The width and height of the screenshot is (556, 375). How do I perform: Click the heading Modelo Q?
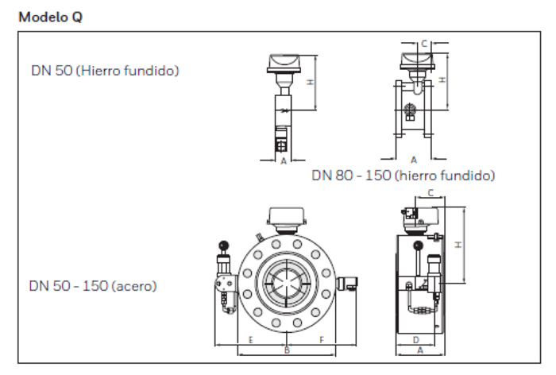pos(50,17)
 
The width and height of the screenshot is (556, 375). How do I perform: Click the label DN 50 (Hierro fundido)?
pos(105,71)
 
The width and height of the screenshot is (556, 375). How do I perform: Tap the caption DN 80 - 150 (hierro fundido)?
pos(403,176)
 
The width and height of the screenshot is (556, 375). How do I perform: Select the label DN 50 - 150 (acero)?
pos(93,286)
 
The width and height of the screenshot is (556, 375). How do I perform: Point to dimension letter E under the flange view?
pos(251,340)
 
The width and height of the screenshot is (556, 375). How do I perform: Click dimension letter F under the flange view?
pos(322,340)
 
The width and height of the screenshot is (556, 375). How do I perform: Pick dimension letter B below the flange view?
pos(288,350)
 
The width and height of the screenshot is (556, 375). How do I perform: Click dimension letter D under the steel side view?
pos(416,340)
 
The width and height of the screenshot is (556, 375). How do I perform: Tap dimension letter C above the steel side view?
pos(431,192)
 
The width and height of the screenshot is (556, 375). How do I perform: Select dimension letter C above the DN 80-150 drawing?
pos(424,43)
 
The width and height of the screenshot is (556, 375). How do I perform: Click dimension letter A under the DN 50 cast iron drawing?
pos(284,161)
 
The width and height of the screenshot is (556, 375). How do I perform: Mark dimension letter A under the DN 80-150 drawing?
pos(414,160)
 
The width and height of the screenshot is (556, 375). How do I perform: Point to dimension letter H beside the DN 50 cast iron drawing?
pos(311,82)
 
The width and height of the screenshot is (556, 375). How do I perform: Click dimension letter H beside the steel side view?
pos(458,245)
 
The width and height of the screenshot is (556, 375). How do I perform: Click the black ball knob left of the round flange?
pos(224,245)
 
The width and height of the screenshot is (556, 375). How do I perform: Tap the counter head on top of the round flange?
pos(287,217)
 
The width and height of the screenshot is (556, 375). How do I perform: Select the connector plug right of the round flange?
pos(347,283)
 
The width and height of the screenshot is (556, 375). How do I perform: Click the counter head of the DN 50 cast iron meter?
pos(284,64)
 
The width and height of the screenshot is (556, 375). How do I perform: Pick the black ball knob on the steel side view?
pos(418,245)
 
